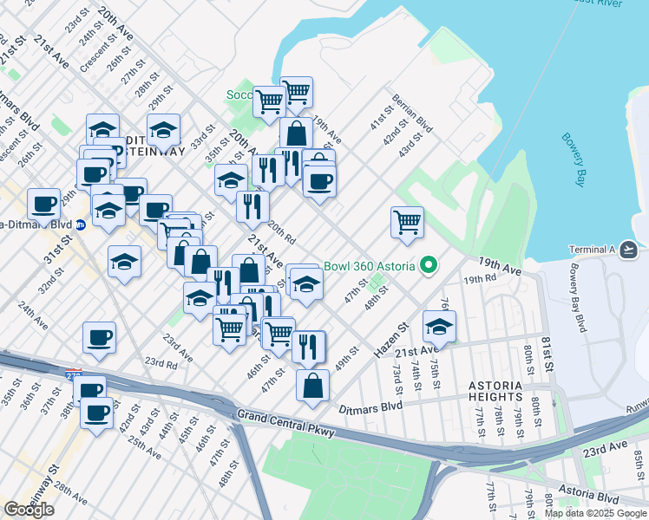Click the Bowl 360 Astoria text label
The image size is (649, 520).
369,265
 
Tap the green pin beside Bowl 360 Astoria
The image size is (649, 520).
427,265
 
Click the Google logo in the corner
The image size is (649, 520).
29,510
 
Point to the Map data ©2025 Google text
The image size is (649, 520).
594,513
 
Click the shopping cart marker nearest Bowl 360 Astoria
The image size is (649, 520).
406,222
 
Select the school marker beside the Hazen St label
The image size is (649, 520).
439,328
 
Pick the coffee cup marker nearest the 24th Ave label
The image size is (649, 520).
99,338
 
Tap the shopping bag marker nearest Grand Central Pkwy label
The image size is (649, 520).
312,385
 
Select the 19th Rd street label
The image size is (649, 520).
478,279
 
